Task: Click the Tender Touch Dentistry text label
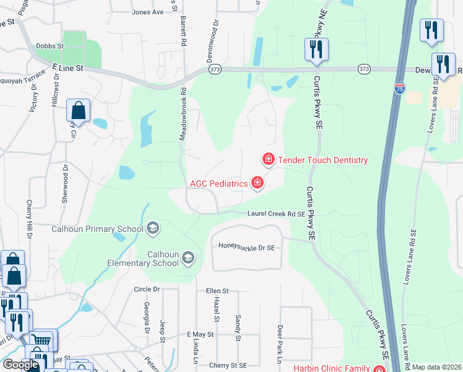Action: tap(322, 160)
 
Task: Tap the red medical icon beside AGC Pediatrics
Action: tap(257, 182)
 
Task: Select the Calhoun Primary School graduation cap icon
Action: tap(152, 229)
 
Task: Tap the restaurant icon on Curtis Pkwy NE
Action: tap(316, 49)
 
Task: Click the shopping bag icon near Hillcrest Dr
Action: tap(79, 111)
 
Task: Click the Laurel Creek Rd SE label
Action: tap(276, 214)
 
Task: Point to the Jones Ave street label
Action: tap(148, 12)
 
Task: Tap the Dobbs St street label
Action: tap(50, 46)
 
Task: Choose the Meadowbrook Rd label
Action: tap(183, 113)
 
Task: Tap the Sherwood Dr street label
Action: tap(64, 184)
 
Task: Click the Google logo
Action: tap(20, 365)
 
